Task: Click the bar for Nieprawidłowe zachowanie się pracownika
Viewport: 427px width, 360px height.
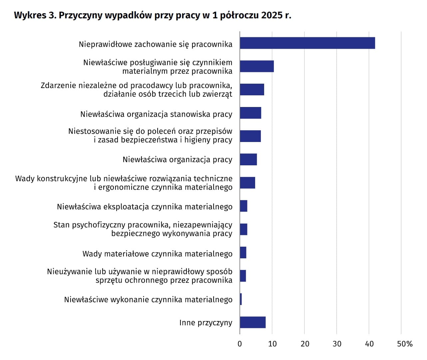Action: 307,43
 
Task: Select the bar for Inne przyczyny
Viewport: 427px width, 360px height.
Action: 252,322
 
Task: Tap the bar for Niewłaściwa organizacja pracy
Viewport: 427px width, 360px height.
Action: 248,159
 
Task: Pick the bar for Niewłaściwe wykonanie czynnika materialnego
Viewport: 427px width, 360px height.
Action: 241,299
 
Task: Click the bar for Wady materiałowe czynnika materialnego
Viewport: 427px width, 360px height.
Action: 243,253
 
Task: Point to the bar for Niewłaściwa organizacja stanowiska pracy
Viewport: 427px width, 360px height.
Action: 250,113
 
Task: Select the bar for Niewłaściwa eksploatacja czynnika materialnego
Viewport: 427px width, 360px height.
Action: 243,206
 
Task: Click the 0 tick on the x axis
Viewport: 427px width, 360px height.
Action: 240,344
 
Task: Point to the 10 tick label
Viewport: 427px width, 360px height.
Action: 272,344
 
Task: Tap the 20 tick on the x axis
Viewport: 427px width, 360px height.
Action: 305,344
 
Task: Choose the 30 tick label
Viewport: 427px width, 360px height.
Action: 337,344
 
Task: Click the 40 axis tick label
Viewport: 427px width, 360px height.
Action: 369,344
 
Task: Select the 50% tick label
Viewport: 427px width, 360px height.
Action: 404,344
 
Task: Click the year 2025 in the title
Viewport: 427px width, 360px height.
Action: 272,15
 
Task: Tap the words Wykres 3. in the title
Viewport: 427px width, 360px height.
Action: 35,15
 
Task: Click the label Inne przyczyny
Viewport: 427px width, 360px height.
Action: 206,323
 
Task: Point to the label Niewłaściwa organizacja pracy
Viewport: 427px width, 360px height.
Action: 177,160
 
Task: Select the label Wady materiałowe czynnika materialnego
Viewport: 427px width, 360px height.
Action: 157,254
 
